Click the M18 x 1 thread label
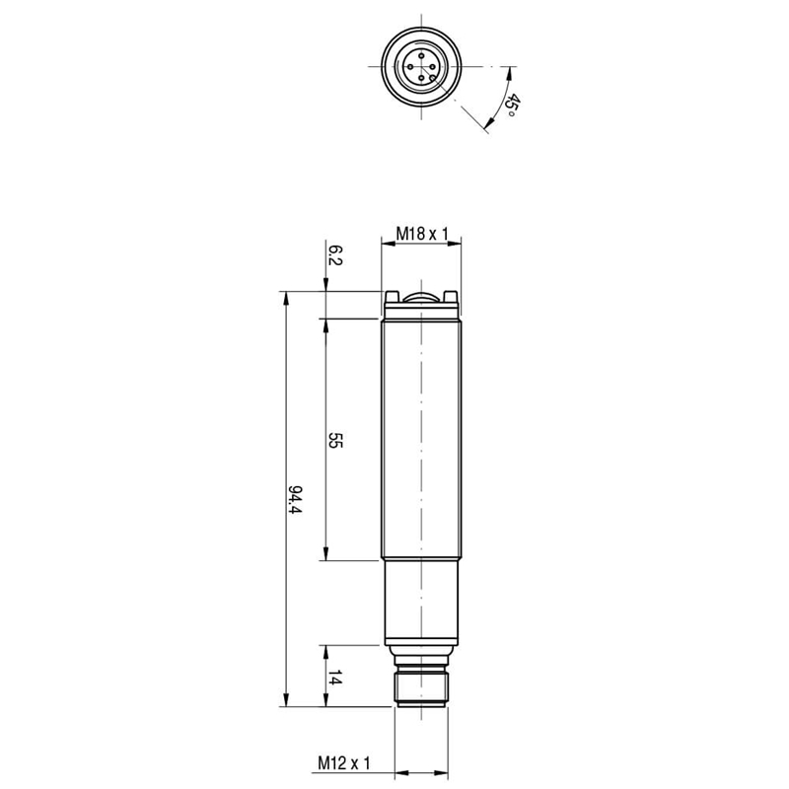[422, 234]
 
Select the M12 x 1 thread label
[343, 762]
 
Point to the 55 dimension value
[334, 440]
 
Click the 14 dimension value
[334, 678]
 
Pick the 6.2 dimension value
[334, 255]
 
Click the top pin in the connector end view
[421, 55]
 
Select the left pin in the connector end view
[409, 66]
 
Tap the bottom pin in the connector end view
[421, 78]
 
